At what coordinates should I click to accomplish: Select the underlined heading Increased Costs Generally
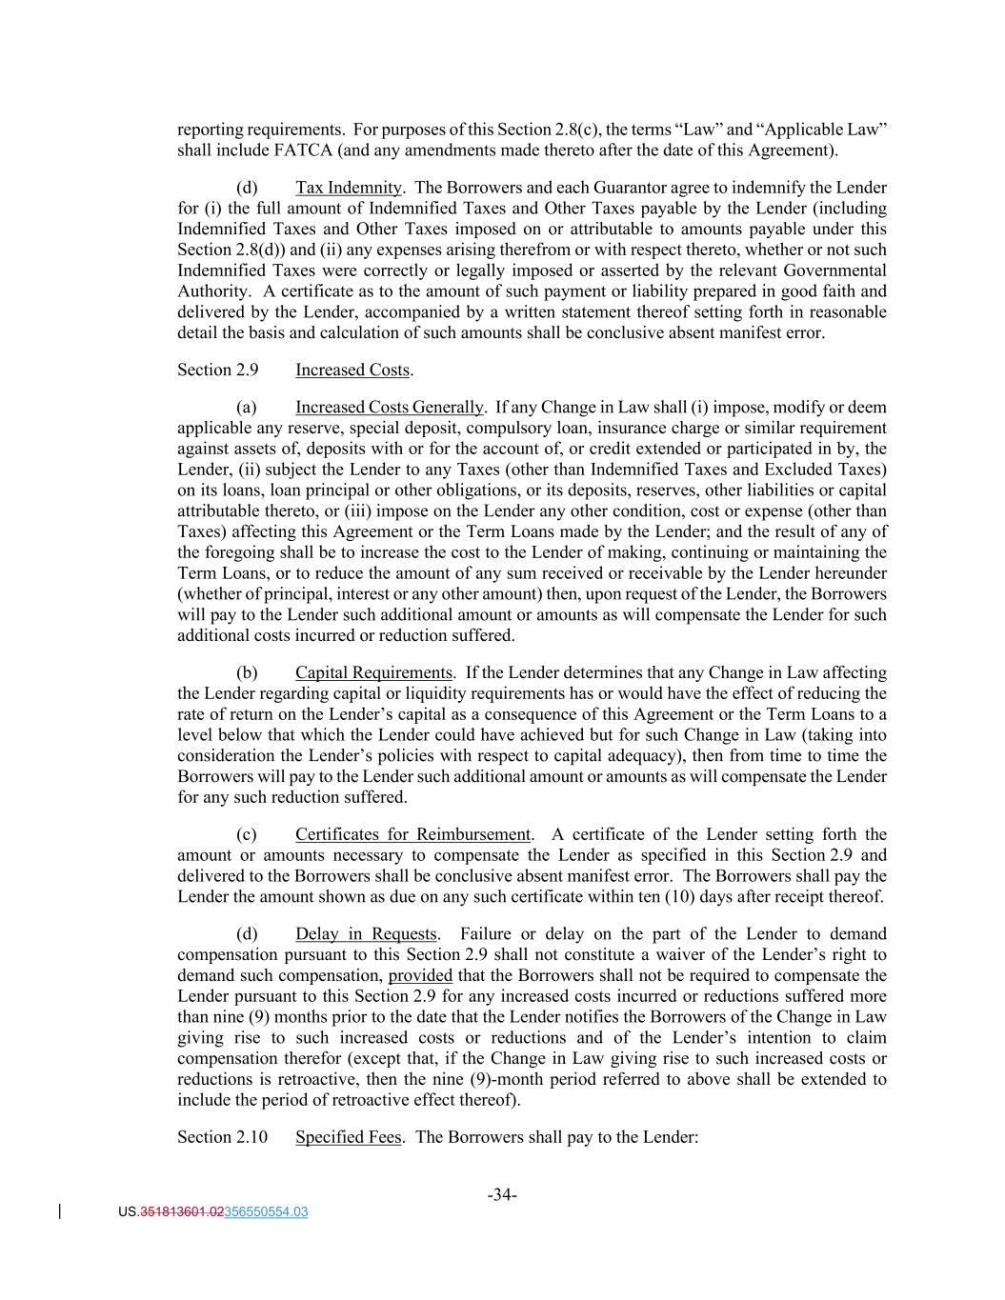tap(389, 408)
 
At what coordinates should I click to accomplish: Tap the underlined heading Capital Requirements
tap(373, 672)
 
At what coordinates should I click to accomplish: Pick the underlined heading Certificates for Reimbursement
tap(413, 834)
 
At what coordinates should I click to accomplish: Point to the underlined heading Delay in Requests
tap(366, 933)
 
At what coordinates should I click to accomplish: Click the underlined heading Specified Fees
tap(348, 1137)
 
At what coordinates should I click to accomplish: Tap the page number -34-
tap(502, 1194)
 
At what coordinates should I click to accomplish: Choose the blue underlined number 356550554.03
tap(266, 1212)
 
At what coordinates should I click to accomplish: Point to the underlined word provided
tap(420, 975)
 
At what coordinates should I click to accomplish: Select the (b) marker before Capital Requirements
tap(247, 672)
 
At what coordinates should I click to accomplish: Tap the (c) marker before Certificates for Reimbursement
tap(247, 834)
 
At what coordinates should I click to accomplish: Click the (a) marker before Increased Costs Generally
tap(247, 408)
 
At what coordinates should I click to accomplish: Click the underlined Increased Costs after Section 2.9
tap(352, 370)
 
